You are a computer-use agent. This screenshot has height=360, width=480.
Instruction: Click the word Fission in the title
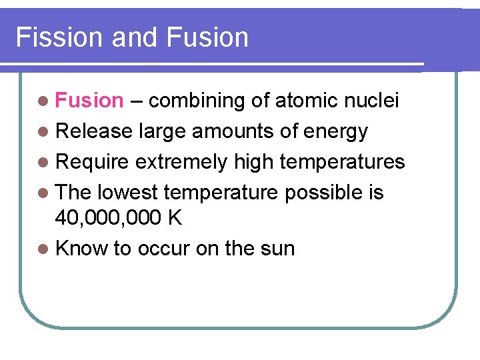(59, 37)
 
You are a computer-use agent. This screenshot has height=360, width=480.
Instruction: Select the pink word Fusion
(89, 101)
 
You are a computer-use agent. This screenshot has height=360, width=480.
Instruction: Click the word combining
(197, 101)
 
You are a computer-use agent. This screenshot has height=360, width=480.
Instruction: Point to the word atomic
(305, 101)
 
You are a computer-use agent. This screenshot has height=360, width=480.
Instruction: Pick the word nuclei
(373, 101)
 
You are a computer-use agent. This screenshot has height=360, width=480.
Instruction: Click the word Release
(94, 131)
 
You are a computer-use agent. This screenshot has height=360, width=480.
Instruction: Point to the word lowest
(127, 193)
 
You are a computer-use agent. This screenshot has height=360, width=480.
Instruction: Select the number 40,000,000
(104, 218)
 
